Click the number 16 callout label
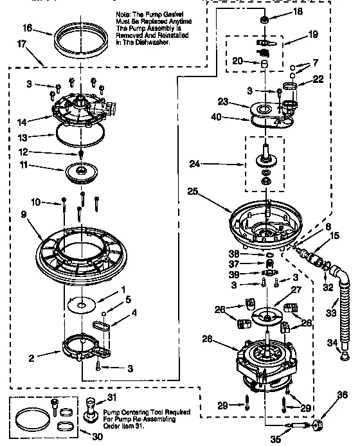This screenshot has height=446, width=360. (x=26, y=28)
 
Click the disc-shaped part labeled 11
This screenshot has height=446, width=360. (x=82, y=172)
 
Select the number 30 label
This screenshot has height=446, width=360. (x=97, y=436)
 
